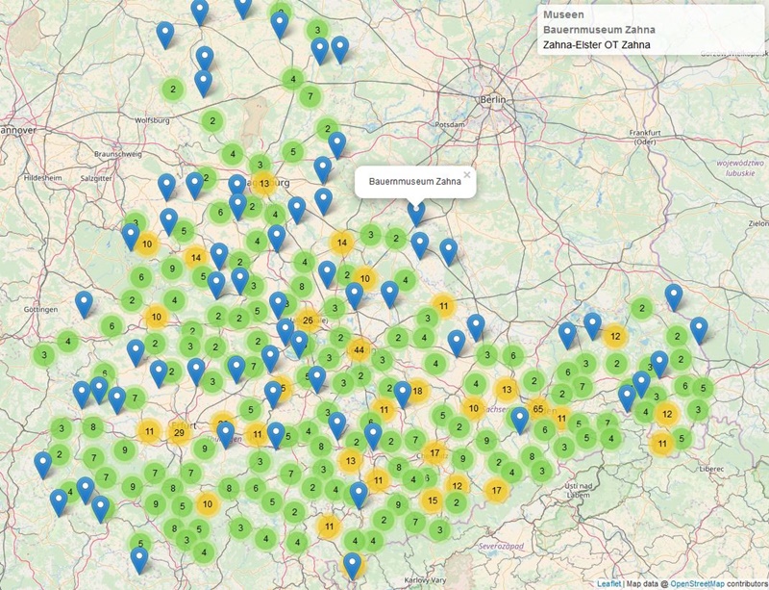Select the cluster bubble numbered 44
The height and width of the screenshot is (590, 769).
360,350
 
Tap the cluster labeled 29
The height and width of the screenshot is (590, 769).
179,432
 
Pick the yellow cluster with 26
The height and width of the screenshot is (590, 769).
308,321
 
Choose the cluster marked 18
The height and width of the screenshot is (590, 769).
417,391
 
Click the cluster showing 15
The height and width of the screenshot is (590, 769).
432,500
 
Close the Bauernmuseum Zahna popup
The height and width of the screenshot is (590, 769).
467,175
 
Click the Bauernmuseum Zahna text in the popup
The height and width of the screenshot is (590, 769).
414,181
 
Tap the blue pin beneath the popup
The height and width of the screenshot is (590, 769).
416,212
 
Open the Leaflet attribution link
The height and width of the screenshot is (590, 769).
608,583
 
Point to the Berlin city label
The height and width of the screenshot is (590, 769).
494,100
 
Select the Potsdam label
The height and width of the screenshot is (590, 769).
450,125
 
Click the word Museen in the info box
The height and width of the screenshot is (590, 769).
561,14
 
